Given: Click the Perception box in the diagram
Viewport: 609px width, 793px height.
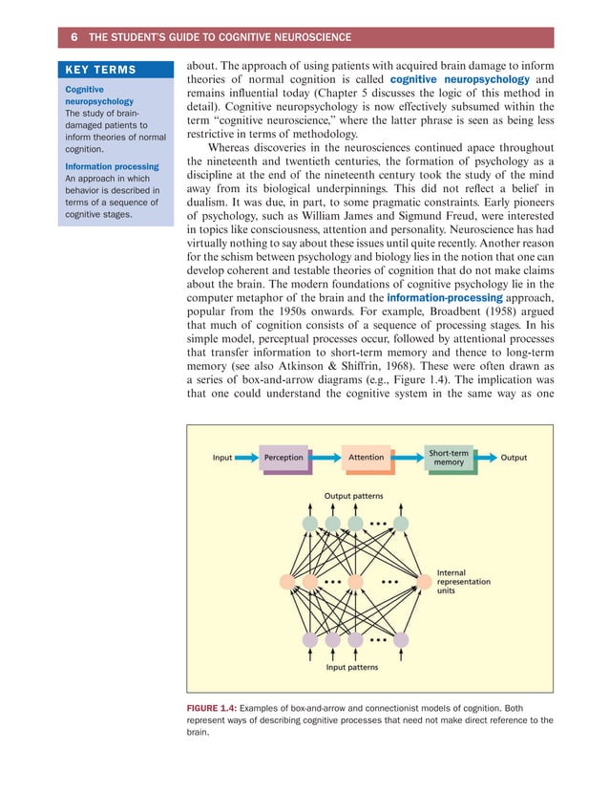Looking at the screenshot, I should point(283,458).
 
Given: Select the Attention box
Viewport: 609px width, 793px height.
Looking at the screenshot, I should point(366,458).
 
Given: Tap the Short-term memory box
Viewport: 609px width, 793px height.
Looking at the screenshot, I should point(448,458).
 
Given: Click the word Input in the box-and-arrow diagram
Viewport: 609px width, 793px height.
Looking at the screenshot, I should point(221,458).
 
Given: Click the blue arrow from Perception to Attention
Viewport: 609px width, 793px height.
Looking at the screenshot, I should point(325,458).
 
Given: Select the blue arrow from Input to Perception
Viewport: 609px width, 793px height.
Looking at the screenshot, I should point(245,458).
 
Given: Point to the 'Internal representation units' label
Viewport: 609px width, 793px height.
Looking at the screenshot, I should point(463,581).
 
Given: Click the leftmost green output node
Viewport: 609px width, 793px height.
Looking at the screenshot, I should point(310,523).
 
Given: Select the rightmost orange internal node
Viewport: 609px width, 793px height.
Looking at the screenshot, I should point(424,581).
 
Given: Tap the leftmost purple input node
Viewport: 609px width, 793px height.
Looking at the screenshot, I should point(310,639).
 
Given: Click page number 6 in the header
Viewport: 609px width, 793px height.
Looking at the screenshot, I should point(73,37).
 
